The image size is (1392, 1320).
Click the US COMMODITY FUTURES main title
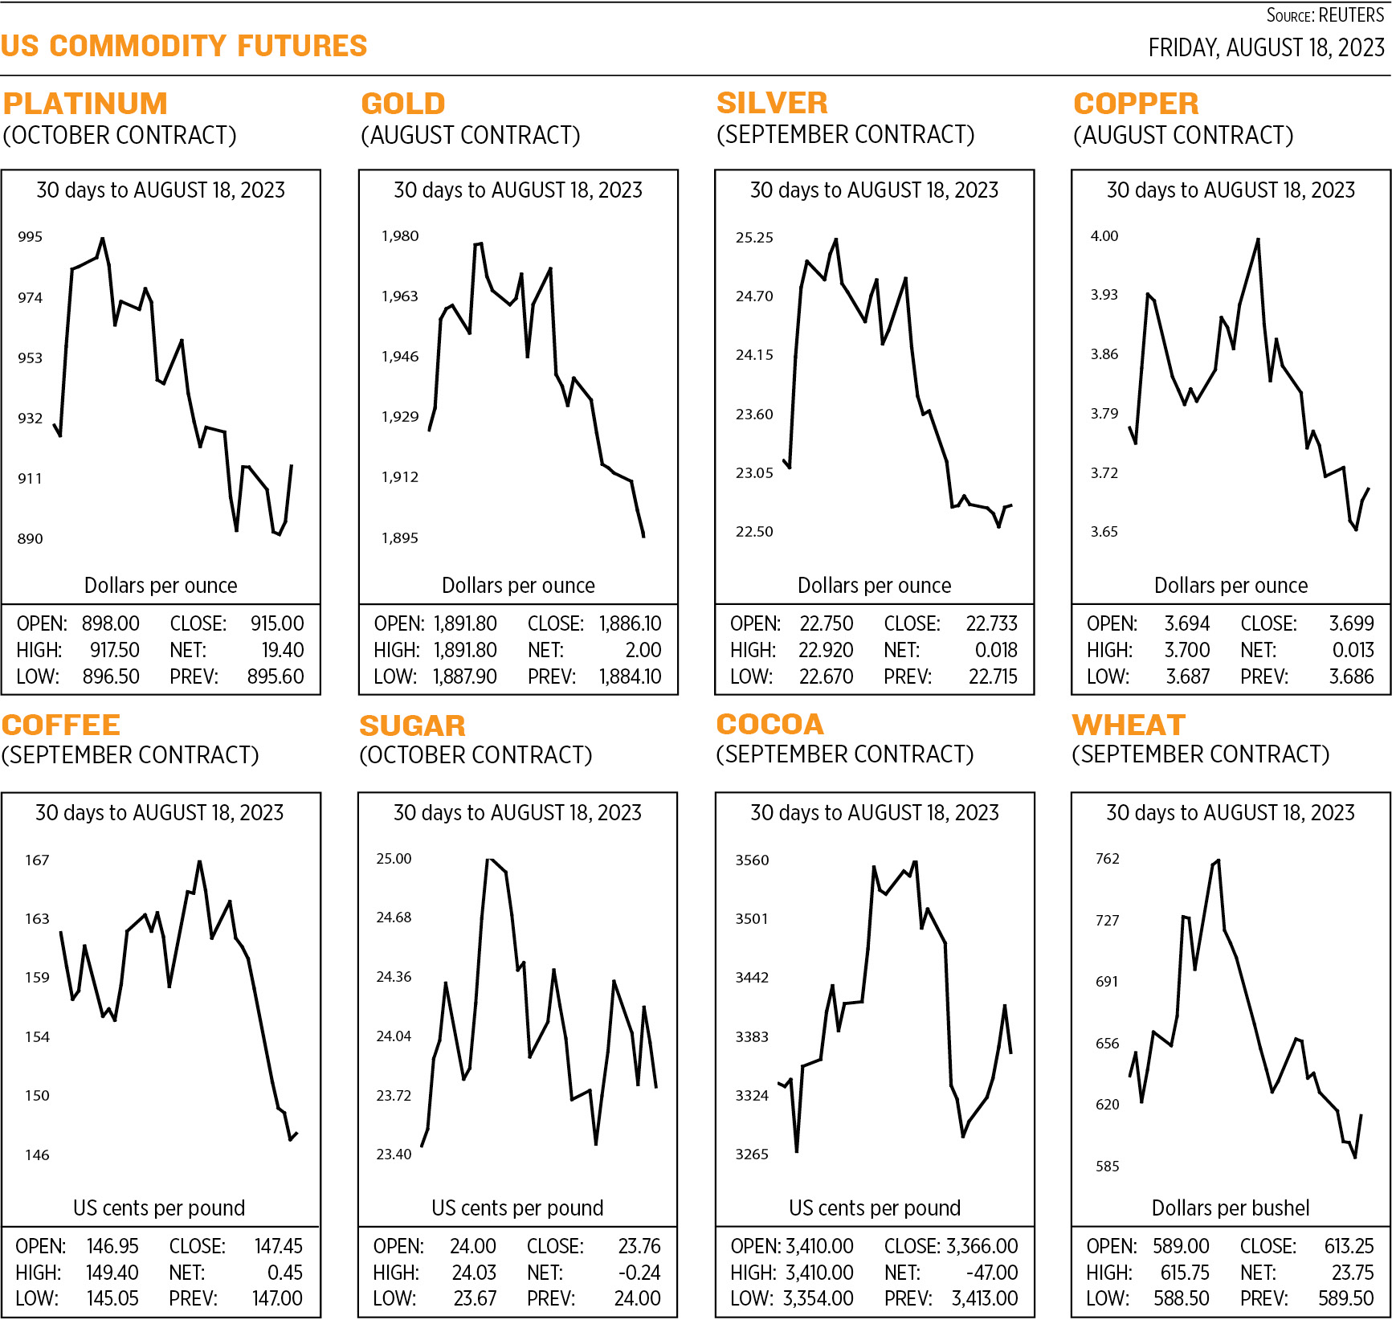point(184,46)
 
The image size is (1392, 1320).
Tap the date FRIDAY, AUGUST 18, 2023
point(1266,48)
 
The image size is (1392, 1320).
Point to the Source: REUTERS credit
point(1325,15)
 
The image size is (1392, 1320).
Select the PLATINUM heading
point(85,104)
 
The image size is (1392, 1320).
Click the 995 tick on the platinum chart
point(30,237)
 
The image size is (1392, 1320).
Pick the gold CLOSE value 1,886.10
point(630,623)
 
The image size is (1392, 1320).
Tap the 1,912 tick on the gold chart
point(399,477)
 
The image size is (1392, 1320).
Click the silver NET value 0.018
point(995,650)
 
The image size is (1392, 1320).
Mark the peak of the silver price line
point(836,239)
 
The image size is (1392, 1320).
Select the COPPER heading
point(1136,104)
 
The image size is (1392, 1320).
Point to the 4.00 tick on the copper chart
point(1104,236)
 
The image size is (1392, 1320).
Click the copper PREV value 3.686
point(1351,676)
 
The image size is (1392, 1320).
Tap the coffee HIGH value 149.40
point(112,1273)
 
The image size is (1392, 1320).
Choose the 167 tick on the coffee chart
point(37,860)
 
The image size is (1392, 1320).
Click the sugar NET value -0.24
point(639,1273)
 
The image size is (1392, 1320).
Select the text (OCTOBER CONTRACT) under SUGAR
point(476,755)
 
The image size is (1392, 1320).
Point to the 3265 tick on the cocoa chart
point(752,1154)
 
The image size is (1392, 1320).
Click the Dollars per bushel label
point(1230,1208)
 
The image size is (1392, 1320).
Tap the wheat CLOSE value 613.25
point(1349,1246)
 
